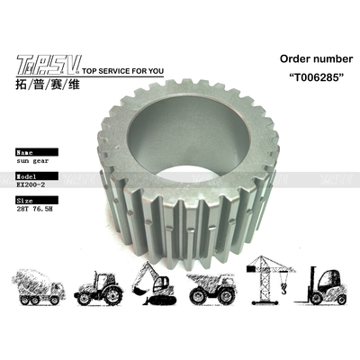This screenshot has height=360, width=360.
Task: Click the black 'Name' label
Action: (x=30, y=143)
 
